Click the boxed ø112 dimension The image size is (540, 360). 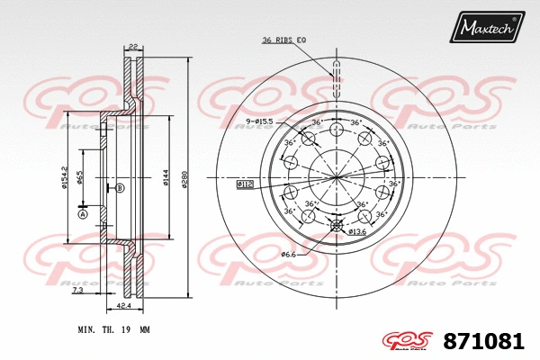pyautogui.click(x=245, y=184)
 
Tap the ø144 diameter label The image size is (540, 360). pyautogui.click(x=166, y=177)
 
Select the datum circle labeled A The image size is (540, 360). pyautogui.click(x=82, y=214)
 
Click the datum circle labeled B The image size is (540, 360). pyautogui.click(x=119, y=187)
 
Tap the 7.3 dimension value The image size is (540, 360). pyautogui.click(x=79, y=292)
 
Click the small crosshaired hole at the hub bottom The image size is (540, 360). pyautogui.click(x=337, y=225)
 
